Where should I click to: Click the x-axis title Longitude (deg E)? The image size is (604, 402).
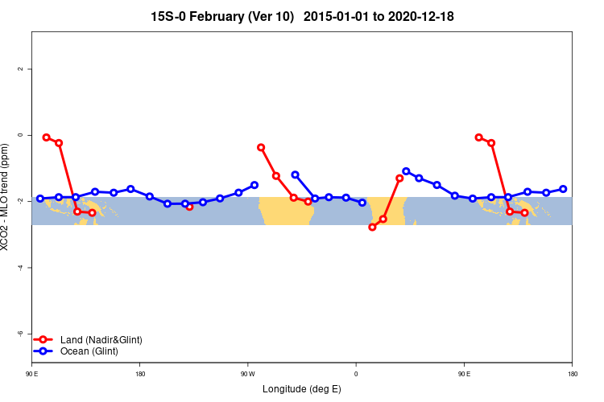pos(301,389)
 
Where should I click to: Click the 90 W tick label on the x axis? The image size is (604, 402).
pos(247,373)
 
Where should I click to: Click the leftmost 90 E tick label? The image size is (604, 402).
pos(31,373)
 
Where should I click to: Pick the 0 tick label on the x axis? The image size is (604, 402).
pos(355,373)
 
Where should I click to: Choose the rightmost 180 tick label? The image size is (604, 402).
pos(572,373)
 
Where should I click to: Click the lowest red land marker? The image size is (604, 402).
pos(372,227)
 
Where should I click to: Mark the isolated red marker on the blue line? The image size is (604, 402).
pos(189,207)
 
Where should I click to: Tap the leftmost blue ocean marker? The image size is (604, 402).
pos(40,199)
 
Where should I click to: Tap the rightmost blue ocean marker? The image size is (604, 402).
pos(563,189)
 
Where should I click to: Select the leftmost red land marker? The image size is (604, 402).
pos(46,137)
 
